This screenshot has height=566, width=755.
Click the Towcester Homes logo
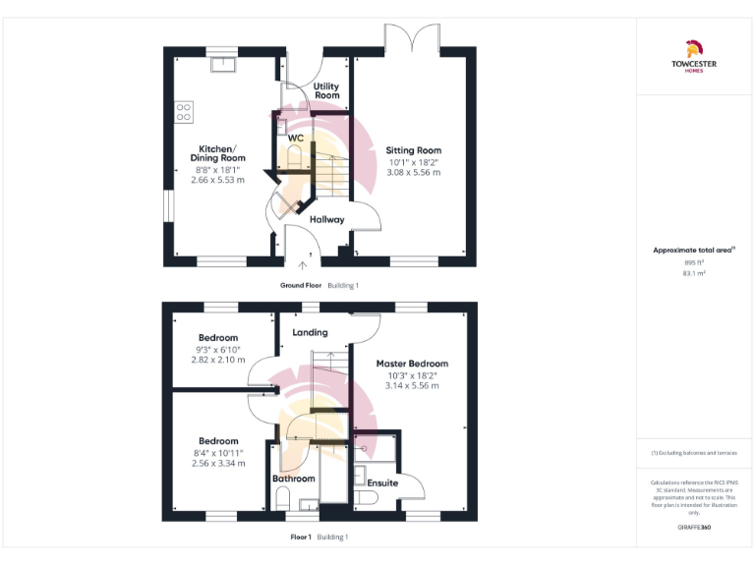(694, 58)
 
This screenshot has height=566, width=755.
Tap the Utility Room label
(326, 90)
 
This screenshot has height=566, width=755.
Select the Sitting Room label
(413, 150)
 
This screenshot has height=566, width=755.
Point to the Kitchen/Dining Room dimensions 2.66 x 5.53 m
(218, 180)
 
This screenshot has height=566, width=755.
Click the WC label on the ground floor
(295, 138)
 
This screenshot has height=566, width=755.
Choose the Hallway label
(326, 219)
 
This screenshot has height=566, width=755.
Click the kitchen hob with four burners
(184, 112)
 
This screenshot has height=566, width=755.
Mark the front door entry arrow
(303, 262)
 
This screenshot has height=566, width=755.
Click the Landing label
(310, 332)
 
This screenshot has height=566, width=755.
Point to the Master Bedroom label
(412, 363)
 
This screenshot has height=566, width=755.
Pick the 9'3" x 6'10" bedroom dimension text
(218, 350)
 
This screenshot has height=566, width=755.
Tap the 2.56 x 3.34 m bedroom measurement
(218, 463)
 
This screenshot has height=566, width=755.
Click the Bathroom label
(294, 479)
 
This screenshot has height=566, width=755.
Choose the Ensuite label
(382, 482)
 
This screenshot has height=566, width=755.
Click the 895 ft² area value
(694, 262)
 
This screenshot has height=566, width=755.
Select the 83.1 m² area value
(694, 273)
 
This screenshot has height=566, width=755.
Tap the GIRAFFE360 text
(694, 528)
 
